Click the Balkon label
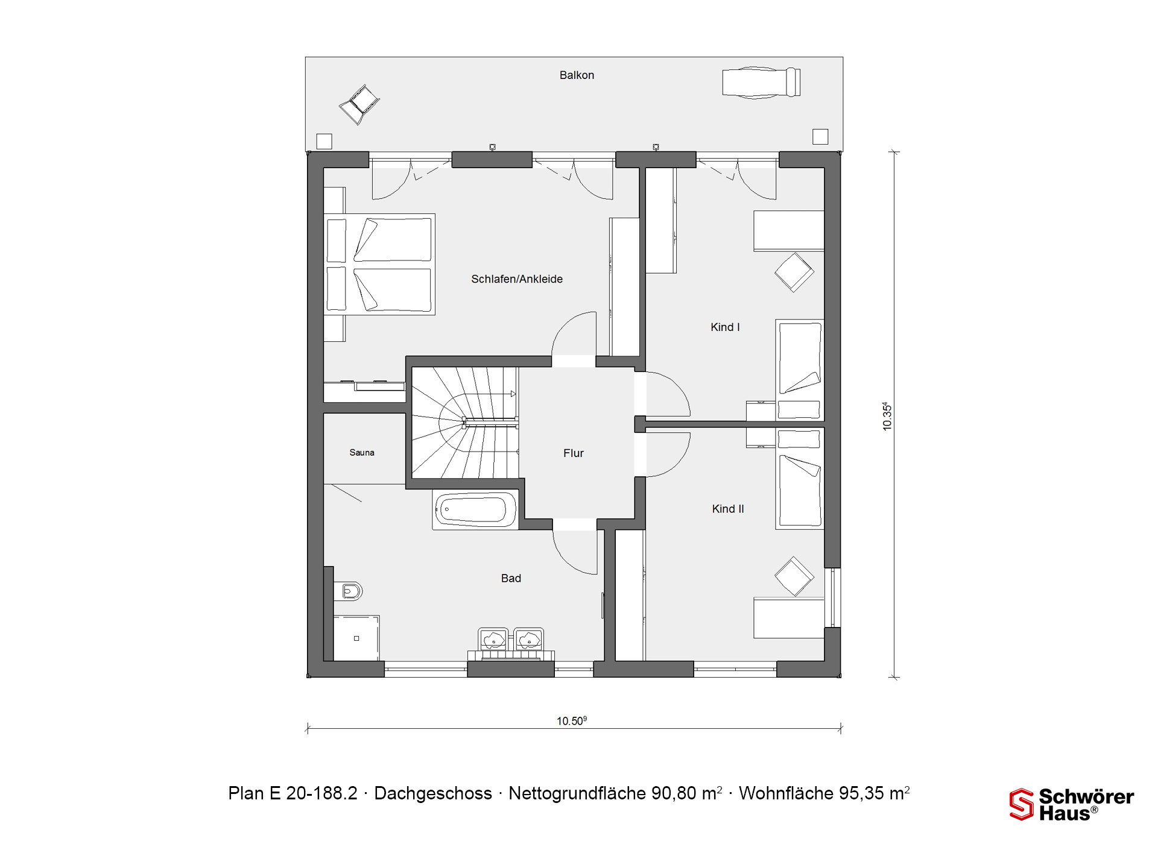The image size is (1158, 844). pos(577,75)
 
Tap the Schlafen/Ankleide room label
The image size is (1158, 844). pos(517,279)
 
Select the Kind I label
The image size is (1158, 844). pos(725,327)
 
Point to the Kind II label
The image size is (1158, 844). pos(728,509)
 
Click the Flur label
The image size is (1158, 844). pos(574,453)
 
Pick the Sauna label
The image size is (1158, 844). pos(362,453)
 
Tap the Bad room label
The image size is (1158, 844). pos(511,579)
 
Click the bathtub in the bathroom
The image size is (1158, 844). pos(475,510)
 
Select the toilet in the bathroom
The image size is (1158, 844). pos(350,591)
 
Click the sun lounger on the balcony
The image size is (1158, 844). pos(762,83)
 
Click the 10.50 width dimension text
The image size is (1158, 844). pos(572,720)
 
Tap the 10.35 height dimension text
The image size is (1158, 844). pos(887,416)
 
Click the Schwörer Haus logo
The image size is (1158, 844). pos(1072,805)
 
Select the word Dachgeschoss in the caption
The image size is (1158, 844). pos(433,793)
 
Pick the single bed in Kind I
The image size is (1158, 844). pos(800,370)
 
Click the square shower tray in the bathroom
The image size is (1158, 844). pos(356,638)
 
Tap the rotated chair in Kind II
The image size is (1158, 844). pos(794,576)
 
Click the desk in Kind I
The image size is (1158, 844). pos(789,231)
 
